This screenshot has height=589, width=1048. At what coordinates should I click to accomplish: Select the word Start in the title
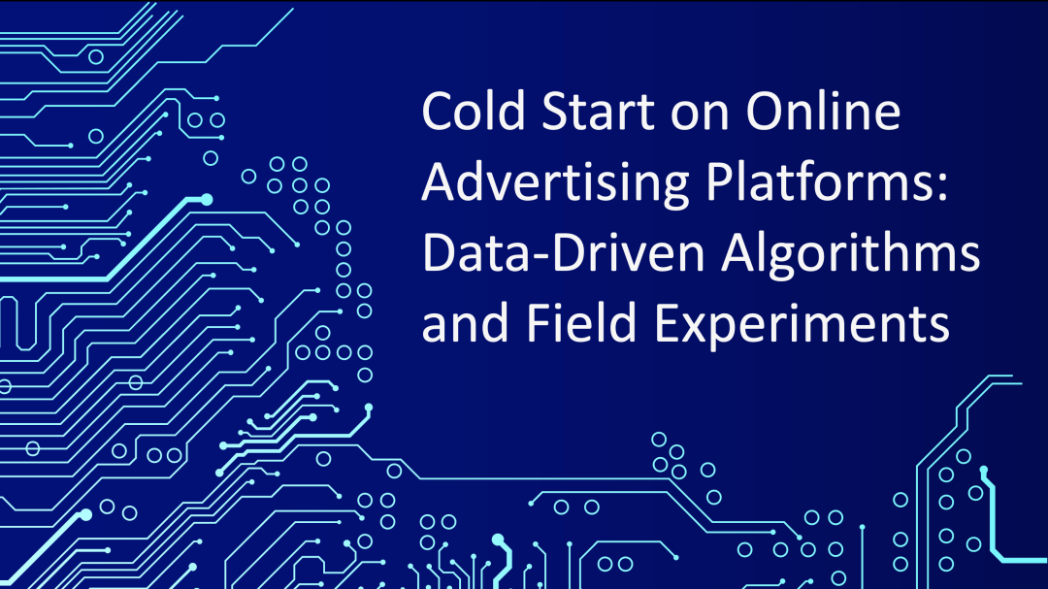click(597, 112)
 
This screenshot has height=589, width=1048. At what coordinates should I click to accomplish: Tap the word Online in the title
click(823, 111)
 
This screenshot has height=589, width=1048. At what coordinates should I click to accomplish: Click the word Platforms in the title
click(822, 181)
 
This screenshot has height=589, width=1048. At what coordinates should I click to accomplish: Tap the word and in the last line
click(465, 323)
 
